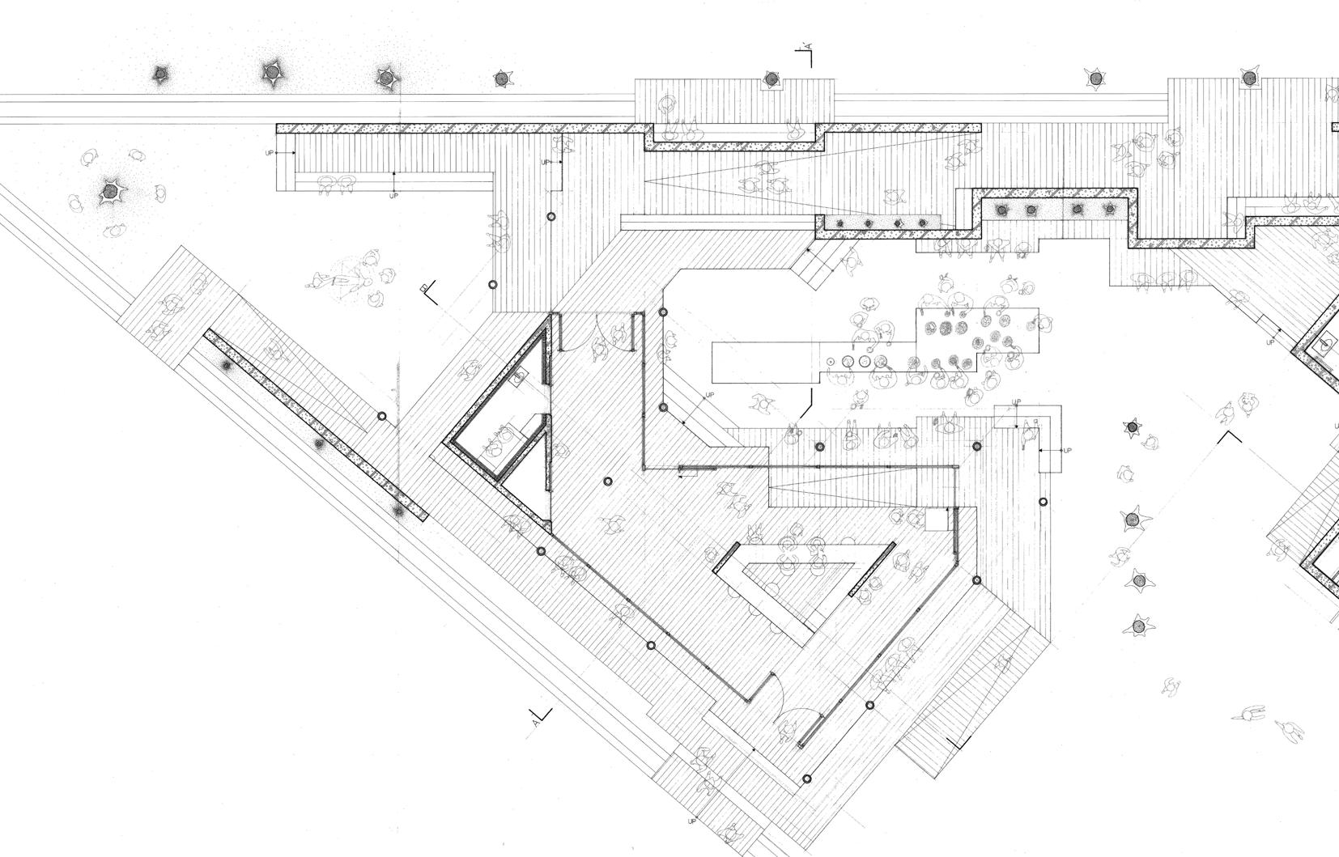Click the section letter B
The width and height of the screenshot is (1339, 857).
pyautogui.click(x=423, y=288)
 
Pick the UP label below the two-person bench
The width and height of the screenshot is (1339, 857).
pyautogui.click(x=394, y=196)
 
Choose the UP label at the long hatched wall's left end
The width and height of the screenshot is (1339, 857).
pyautogui.click(x=270, y=152)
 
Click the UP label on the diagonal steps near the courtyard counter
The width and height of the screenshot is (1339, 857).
pyautogui.click(x=710, y=395)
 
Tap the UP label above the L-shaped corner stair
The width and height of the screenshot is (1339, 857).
pyautogui.click(x=1017, y=402)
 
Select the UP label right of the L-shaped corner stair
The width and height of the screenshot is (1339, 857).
pyautogui.click(x=1066, y=450)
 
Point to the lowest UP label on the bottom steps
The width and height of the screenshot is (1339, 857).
pyautogui.click(x=692, y=821)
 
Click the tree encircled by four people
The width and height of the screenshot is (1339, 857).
pyautogui.click(x=110, y=193)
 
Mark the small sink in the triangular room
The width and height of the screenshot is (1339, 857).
pyautogui.click(x=519, y=374)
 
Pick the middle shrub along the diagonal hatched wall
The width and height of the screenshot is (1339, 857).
pyautogui.click(x=319, y=443)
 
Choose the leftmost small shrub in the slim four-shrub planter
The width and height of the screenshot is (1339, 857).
pyautogui.click(x=842, y=222)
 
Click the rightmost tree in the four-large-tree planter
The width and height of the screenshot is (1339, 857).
pyautogui.click(x=1108, y=210)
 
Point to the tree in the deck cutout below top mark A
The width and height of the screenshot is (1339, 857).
pyautogui.click(x=771, y=78)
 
